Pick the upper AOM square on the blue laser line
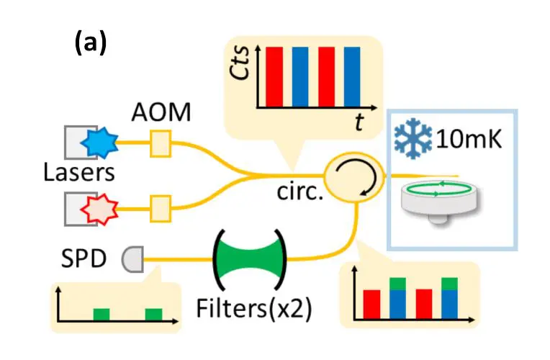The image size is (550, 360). tap(158, 143)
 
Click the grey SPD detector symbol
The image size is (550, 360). tap(132, 257)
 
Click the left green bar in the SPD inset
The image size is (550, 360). tap(102, 314)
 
